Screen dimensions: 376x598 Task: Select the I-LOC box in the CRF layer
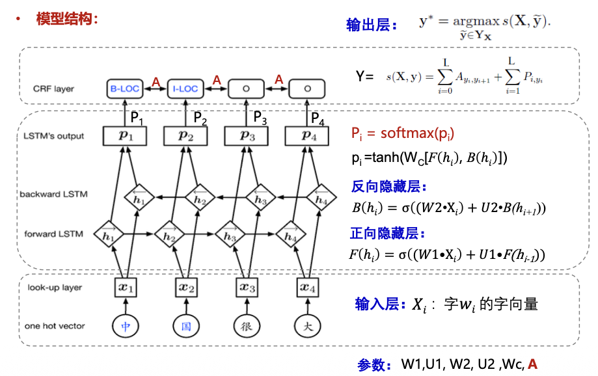tap(186, 88)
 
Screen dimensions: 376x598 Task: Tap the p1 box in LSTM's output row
tap(124, 136)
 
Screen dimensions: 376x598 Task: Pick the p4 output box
tap(307, 136)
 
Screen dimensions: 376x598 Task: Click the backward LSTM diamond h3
tap(260, 200)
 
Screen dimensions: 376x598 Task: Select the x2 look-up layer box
tap(185, 286)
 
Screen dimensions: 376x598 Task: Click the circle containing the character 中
tap(126, 325)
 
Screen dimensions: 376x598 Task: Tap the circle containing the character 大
tap(308, 325)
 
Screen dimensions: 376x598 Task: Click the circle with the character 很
tap(247, 325)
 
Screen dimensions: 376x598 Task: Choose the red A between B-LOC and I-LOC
tap(156, 81)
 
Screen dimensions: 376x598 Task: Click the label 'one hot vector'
tap(56, 326)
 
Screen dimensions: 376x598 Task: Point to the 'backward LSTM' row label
tap(53, 194)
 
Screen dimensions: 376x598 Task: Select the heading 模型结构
tap(67, 19)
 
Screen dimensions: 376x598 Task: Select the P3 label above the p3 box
tap(260, 118)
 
